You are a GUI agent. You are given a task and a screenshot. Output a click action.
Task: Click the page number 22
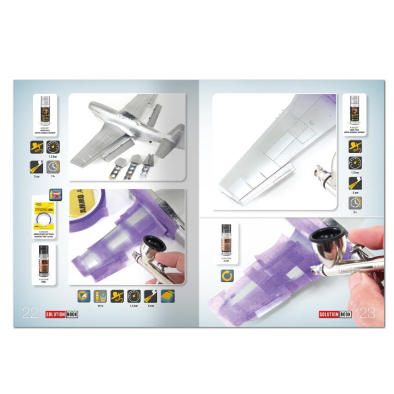30,313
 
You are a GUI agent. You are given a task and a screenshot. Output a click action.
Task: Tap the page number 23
368,313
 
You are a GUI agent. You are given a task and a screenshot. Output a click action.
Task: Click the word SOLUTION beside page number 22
55,314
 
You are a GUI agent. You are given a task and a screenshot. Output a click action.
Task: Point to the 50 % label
100,305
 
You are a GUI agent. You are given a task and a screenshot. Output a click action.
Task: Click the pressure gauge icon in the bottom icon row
134,296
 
